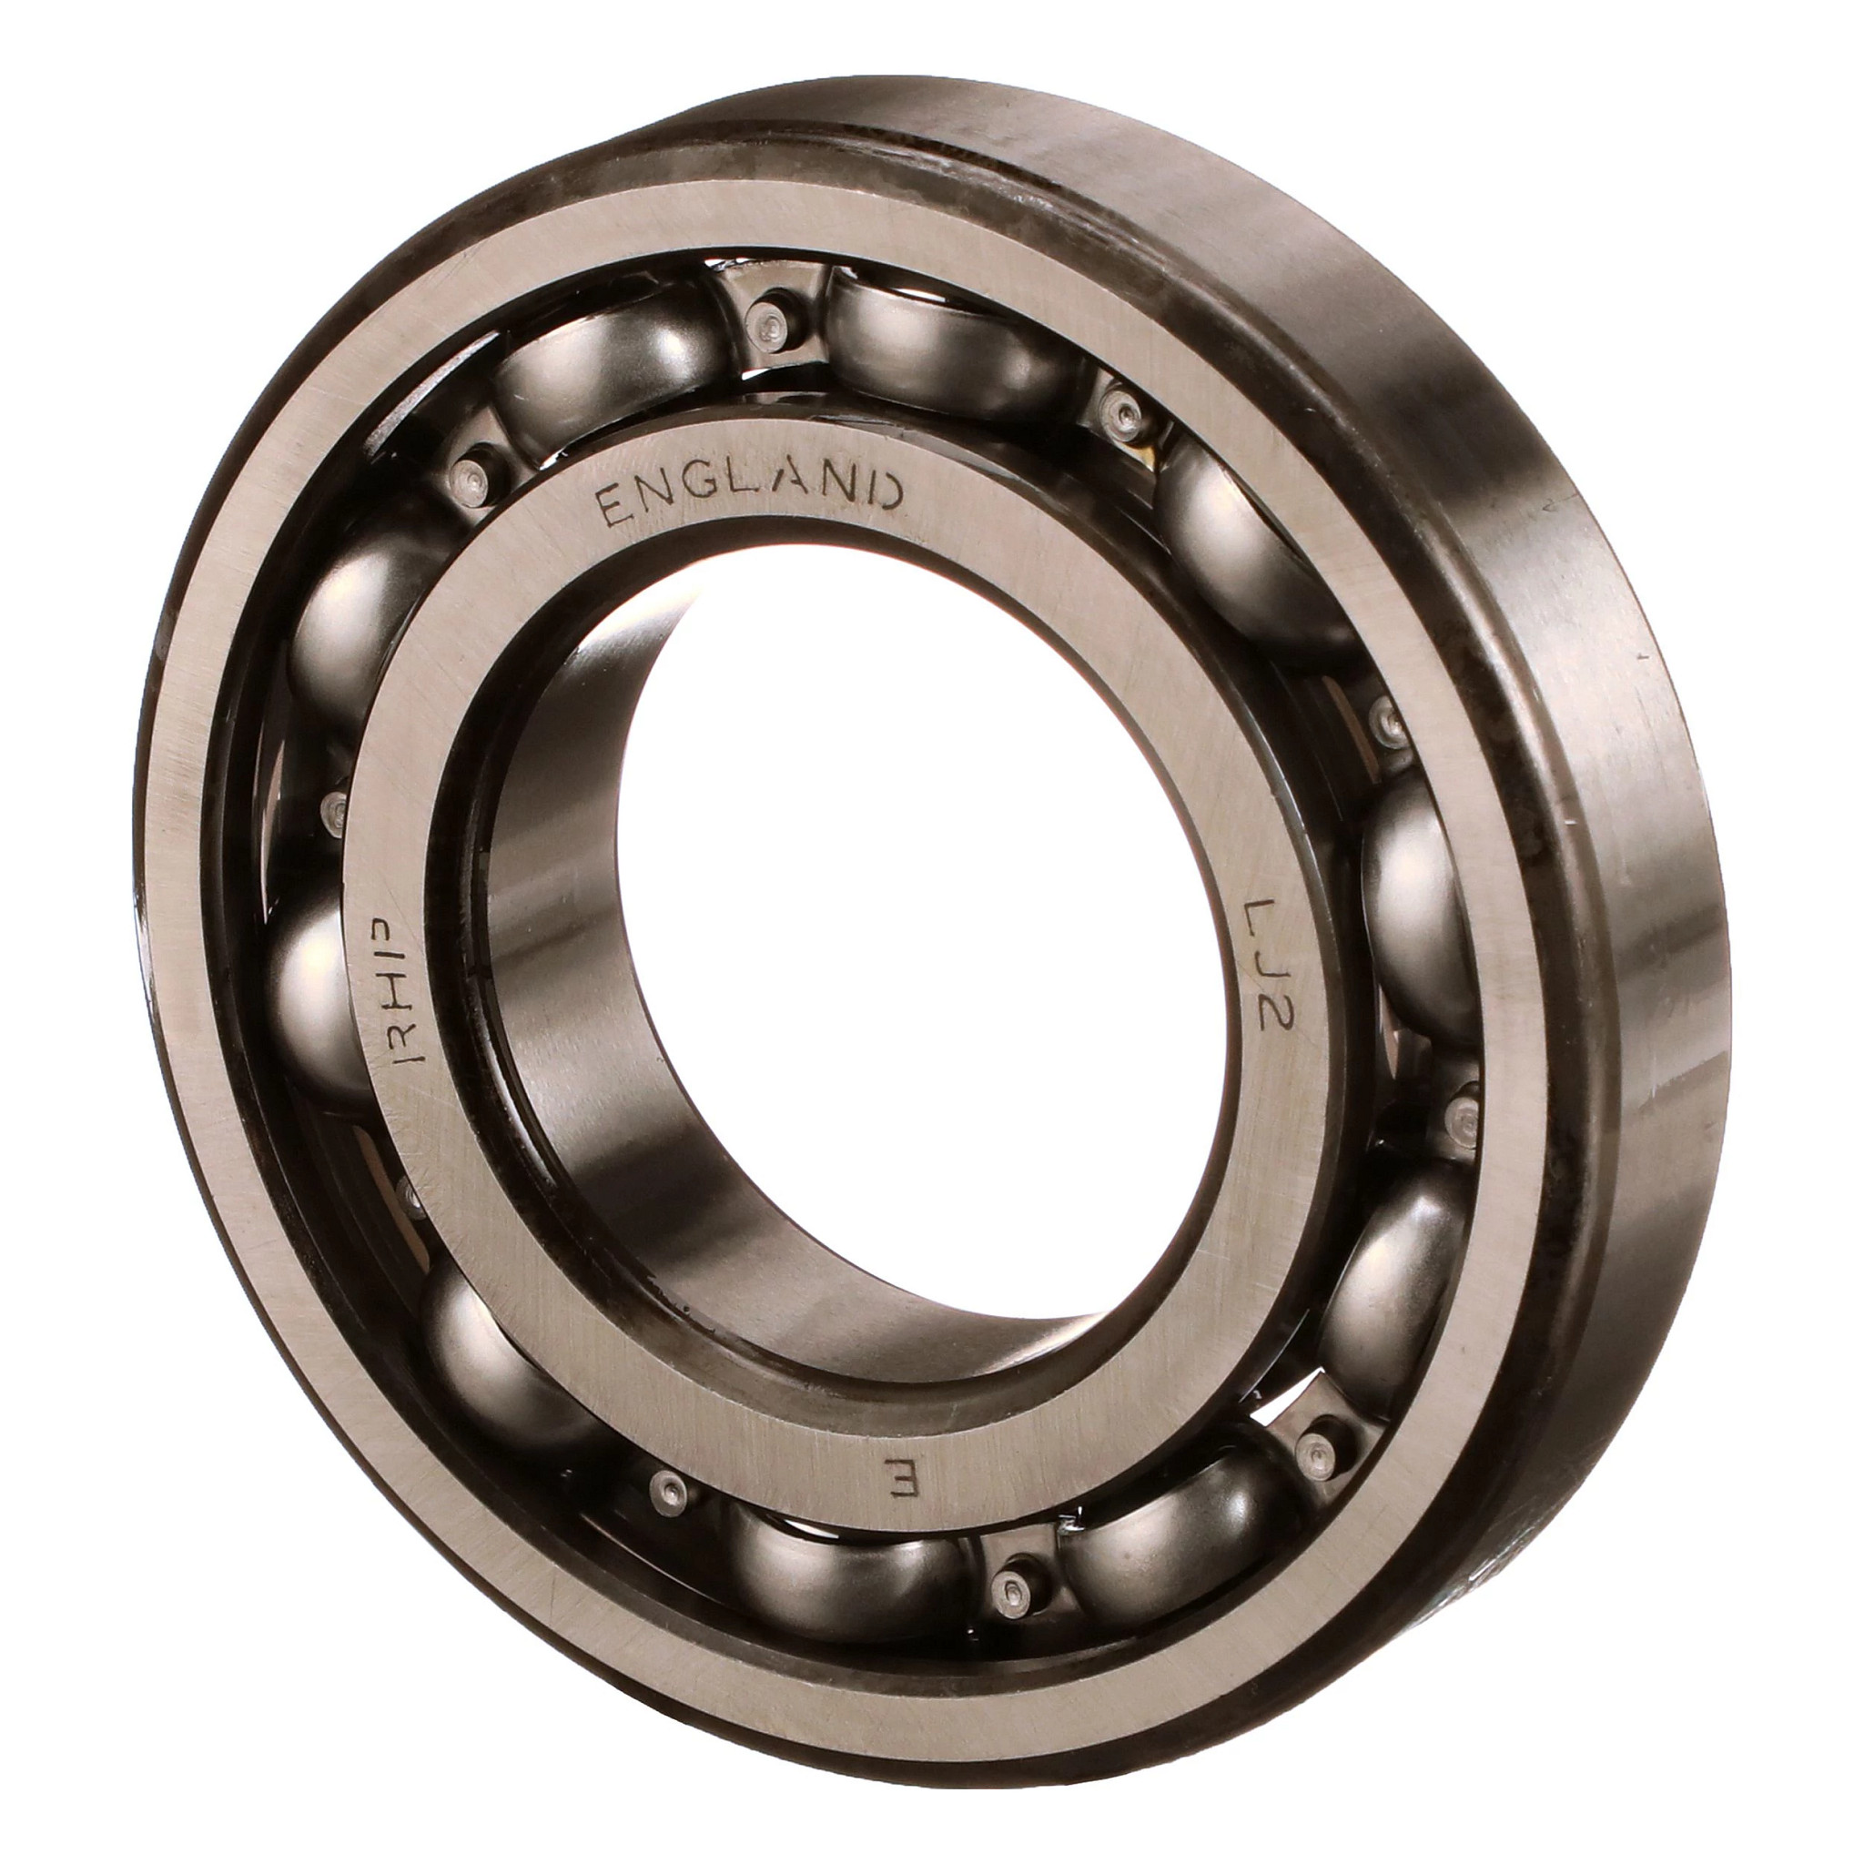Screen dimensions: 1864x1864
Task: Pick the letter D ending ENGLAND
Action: pyautogui.click(x=886, y=492)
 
